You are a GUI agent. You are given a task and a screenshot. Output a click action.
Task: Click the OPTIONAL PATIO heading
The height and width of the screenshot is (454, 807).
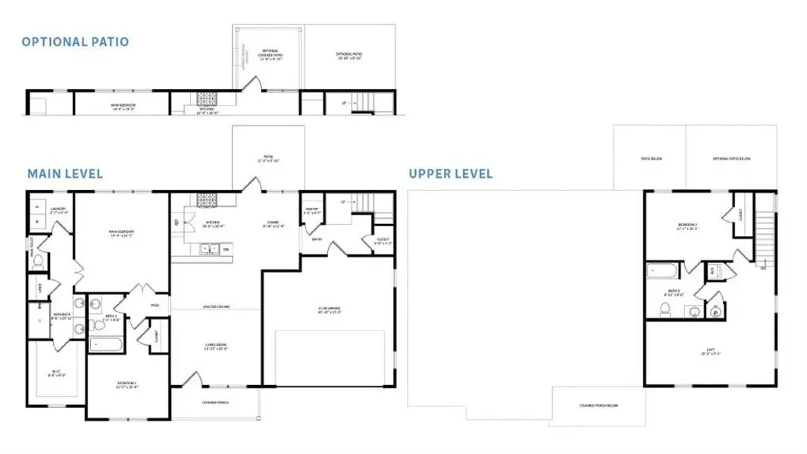[75, 42]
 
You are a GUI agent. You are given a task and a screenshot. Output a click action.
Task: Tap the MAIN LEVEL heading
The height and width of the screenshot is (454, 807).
[65, 174]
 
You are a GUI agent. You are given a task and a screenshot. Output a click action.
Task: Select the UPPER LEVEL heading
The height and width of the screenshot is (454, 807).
[450, 174]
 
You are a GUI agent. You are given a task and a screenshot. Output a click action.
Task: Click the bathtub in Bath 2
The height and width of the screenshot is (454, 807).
[106, 344]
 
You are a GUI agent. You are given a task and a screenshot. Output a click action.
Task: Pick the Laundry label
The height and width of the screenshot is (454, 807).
[58, 210]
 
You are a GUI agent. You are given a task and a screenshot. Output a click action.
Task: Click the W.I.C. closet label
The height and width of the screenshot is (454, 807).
[57, 372]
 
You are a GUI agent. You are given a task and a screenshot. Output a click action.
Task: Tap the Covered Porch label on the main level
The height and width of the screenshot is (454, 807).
[215, 403]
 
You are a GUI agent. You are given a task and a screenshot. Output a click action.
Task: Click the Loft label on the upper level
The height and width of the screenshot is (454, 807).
[710, 351]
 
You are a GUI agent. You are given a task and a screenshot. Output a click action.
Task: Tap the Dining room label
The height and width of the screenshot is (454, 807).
[273, 224]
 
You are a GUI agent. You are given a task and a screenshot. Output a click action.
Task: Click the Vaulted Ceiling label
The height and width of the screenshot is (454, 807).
[216, 306]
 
